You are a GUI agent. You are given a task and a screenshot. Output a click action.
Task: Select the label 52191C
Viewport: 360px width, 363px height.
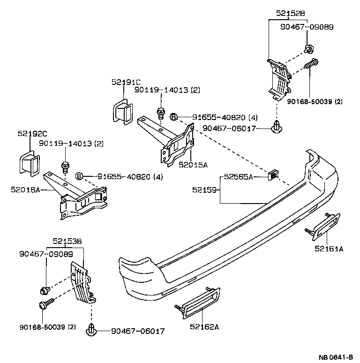tap(126, 82)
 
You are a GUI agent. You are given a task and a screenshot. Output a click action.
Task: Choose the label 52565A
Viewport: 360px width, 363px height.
tap(238, 177)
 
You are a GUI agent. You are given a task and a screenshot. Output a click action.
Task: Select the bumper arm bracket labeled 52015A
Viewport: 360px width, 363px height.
tap(169, 141)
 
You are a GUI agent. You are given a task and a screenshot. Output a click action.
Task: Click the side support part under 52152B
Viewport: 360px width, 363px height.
tap(279, 80)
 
